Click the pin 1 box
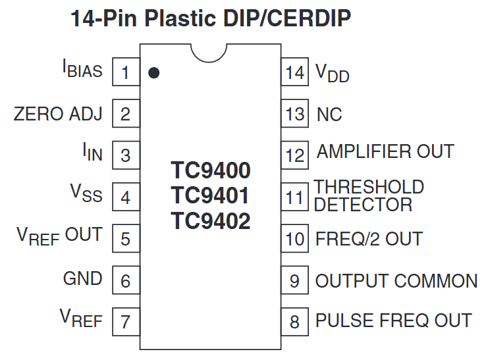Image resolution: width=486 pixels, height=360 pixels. pos(126,72)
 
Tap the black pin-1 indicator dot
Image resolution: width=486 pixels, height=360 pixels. pos(153,72)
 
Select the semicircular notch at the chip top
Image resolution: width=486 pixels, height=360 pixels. pos(211,53)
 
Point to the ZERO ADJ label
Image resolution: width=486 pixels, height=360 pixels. pos(58,114)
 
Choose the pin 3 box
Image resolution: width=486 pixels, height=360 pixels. pos(126,155)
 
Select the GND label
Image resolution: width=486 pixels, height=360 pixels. pos(82,278)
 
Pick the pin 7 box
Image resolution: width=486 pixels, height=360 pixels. pos(126,322)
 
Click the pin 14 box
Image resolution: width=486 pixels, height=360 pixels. pos(295,72)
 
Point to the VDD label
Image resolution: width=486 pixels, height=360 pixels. pos(333,73)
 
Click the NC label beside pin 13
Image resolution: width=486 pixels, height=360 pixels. pos(329,115)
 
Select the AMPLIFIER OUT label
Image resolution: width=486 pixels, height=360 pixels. pos(385,151)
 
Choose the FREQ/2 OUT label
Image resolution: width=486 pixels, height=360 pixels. pos(369,238)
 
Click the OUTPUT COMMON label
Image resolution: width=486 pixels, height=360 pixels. pos(396,280)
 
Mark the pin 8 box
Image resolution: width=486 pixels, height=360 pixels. pos(295,322)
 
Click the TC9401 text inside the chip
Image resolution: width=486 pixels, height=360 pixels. pos(211,196)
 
